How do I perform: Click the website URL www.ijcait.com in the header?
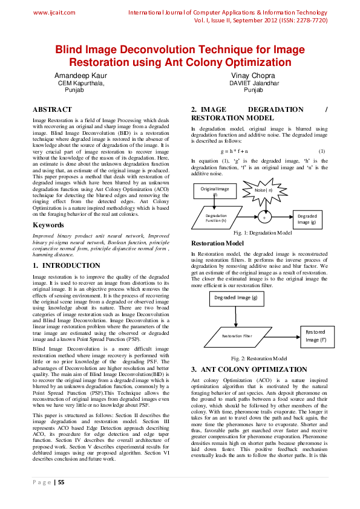[54, 12]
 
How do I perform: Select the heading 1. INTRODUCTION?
[67, 265]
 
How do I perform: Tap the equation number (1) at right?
[322, 151]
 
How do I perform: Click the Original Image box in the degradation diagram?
[214, 191]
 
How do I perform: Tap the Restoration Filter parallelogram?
[237, 336]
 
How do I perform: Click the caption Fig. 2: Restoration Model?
[259, 358]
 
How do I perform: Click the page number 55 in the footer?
[60, 482]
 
